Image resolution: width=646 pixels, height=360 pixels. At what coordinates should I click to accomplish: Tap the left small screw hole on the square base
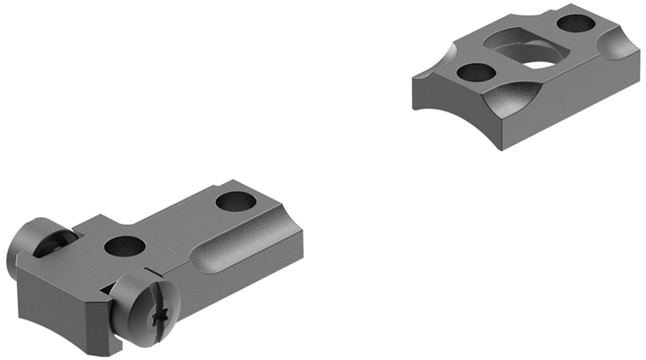[x=476, y=73]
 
